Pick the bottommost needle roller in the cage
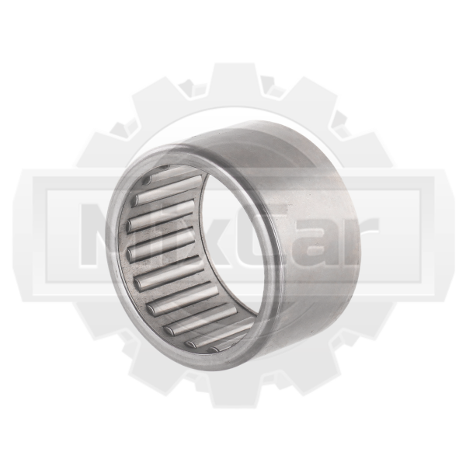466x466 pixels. click(x=229, y=344)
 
